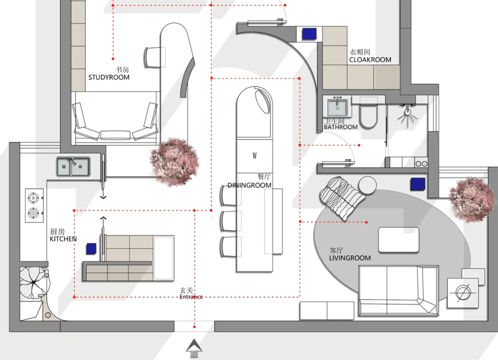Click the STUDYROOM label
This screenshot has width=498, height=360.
[109, 77]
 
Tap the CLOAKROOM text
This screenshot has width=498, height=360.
[370, 59]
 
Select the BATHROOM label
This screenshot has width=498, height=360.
[341, 127]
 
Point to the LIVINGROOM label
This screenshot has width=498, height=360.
[350, 258]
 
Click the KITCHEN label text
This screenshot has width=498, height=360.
[63, 239]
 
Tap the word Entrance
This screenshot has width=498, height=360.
[191, 297]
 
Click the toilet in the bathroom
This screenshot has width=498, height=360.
[368, 114]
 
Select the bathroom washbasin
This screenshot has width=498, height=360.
[337, 107]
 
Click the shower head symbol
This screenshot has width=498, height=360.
[408, 116]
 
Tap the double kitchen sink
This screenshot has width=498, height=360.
[73, 167]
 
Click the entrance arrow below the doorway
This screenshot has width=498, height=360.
[194, 348]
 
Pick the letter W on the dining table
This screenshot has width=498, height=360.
[255, 155]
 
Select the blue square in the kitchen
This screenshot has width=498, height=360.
[91, 248]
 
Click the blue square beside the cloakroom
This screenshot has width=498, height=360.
[309, 34]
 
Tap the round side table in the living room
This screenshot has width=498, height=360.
[368, 185]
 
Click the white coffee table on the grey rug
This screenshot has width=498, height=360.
[398, 240]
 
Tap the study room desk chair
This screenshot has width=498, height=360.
[155, 57]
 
